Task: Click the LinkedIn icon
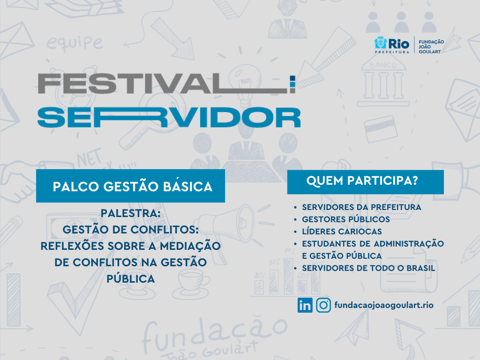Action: click(305, 305)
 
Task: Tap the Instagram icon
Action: click(323, 305)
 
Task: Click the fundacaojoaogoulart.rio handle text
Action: click(384, 306)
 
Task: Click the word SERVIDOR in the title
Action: click(169, 118)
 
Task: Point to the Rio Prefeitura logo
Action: click(392, 45)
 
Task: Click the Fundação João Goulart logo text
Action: click(431, 46)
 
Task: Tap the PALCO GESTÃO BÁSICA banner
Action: click(130, 186)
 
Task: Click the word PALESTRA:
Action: click(131, 213)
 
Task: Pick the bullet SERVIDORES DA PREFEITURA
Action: click(361, 207)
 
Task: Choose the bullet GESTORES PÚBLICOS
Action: click(346, 219)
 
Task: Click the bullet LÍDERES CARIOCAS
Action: click(342, 232)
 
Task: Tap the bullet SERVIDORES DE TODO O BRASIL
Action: click(368, 268)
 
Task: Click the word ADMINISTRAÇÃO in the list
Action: click(409, 244)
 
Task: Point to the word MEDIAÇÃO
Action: click(190, 246)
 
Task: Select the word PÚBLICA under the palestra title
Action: click(131, 279)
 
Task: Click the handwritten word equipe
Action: click(75, 43)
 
